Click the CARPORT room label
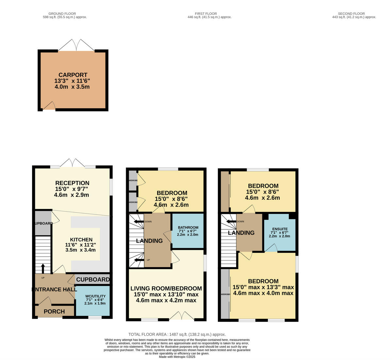[x=73, y=75]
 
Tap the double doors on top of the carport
[x=76, y=45]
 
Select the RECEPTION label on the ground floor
[x=72, y=183]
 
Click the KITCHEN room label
[x=81, y=240]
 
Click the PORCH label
[x=54, y=312]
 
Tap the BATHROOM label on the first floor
[x=188, y=228]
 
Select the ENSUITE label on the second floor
[x=279, y=229]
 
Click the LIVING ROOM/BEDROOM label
[x=166, y=288]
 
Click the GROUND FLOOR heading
[x=62, y=14]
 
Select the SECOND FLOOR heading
[x=351, y=14]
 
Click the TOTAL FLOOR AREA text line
[x=177, y=334]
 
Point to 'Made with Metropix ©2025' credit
[x=177, y=357]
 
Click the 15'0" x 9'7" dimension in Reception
[x=72, y=189]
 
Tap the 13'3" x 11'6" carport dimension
[x=72, y=81]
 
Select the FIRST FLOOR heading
[x=206, y=14]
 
